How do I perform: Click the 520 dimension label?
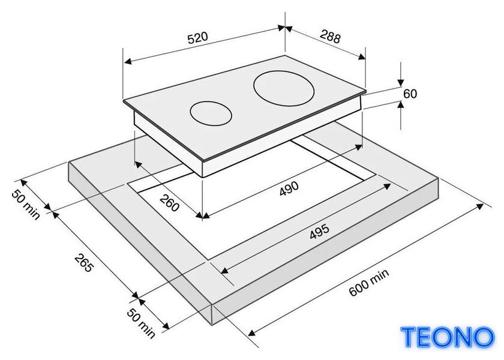pyautogui.click(x=197, y=38)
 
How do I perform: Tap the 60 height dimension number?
pyautogui.click(x=410, y=94)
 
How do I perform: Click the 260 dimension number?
pyautogui.click(x=169, y=203)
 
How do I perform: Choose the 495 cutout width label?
pyautogui.click(x=319, y=232)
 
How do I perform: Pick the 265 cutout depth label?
pyautogui.click(x=84, y=263)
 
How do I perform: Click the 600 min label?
pyautogui.click(x=368, y=283)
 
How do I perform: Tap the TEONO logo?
pyautogui.click(x=448, y=337)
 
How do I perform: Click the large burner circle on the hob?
pyautogui.click(x=283, y=88)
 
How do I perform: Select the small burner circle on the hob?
pyautogui.click(x=211, y=114)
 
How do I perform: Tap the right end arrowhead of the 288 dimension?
pyautogui.click(x=362, y=57)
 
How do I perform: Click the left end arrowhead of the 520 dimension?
pyautogui.click(x=128, y=61)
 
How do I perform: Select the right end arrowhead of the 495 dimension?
pyautogui.click(x=387, y=186)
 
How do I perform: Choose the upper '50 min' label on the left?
pyautogui.click(x=26, y=205)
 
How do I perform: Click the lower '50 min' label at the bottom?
pyautogui.click(x=141, y=323)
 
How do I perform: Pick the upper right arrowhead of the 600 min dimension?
pyautogui.click(x=480, y=206)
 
